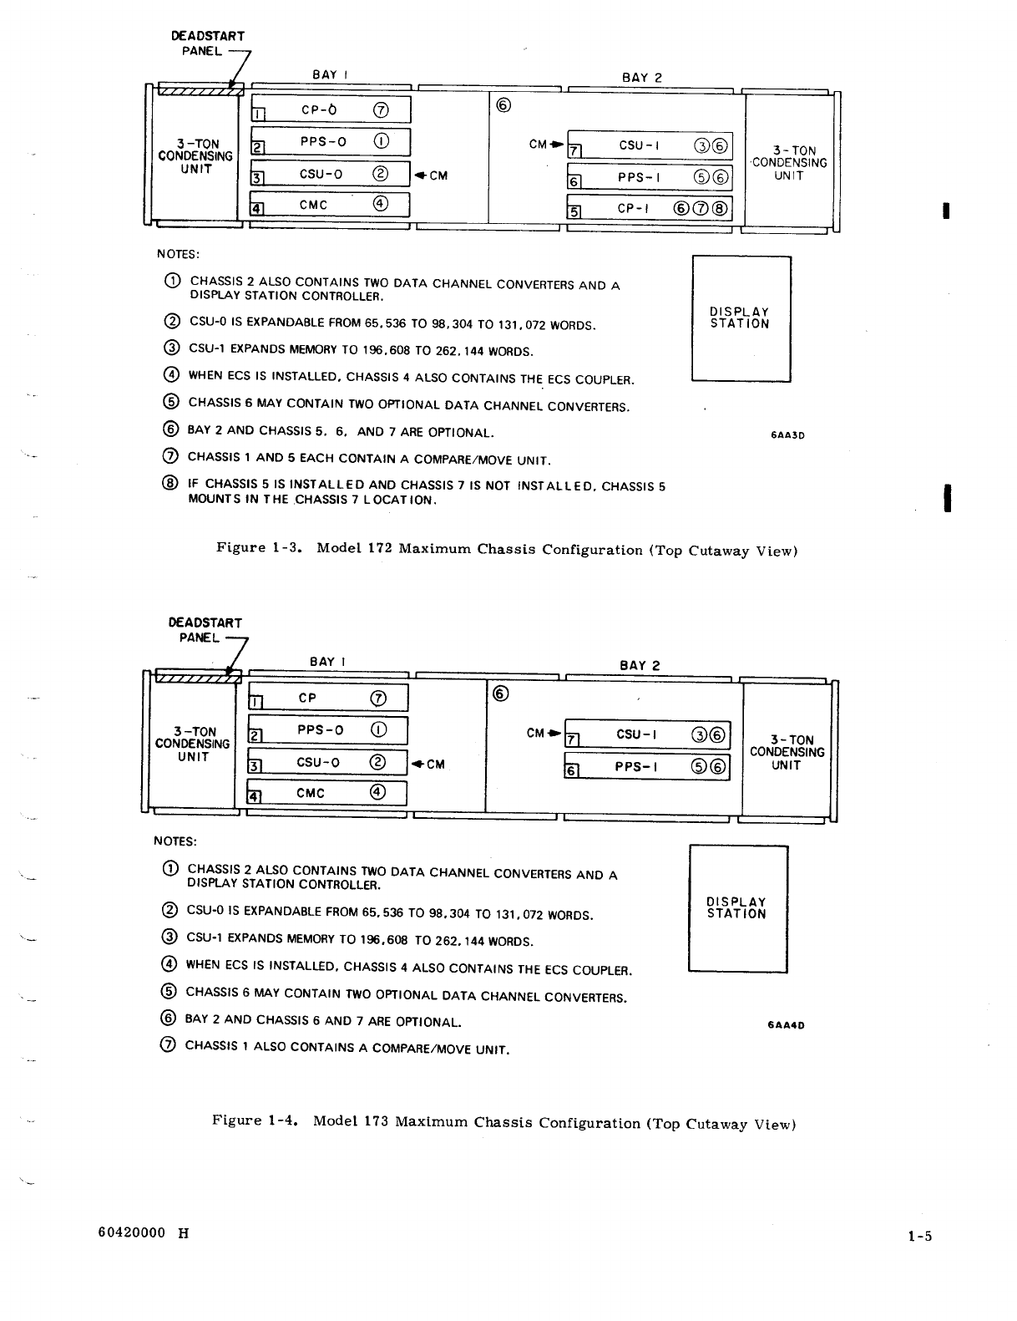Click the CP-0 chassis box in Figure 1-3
click(331, 109)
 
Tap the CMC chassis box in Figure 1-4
click(327, 793)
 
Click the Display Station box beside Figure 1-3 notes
click(741, 318)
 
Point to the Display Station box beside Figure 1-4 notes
click(737, 908)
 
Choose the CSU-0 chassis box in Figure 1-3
click(331, 174)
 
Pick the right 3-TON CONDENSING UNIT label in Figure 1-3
click(789, 163)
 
